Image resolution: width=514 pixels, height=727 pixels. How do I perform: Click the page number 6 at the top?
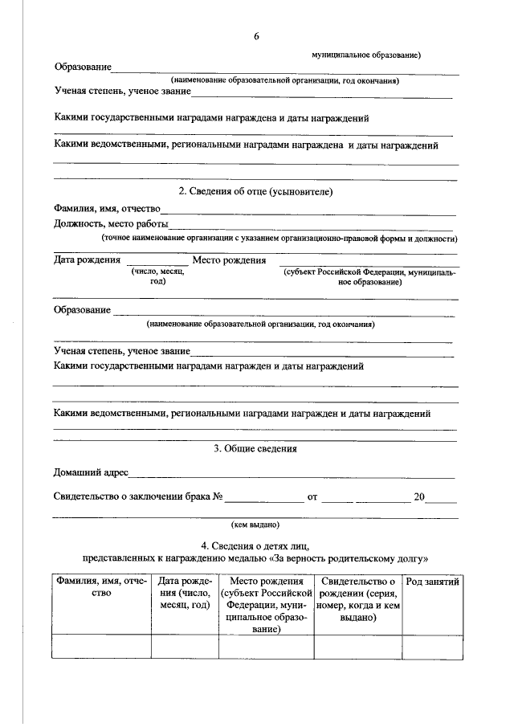[256, 36]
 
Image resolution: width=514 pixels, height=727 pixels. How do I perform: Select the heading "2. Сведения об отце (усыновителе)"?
[255, 191]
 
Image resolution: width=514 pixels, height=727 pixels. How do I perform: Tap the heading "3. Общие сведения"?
[255, 449]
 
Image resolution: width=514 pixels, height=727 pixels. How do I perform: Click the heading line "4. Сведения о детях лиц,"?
[255, 546]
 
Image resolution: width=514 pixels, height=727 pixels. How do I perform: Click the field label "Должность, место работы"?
[111, 224]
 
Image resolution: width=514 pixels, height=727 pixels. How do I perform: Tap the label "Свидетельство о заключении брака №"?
[137, 497]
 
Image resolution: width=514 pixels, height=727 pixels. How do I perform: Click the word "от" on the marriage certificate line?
[312, 497]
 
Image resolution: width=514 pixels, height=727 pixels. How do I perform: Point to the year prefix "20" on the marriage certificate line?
[419, 497]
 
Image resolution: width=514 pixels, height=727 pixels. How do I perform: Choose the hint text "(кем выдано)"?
[255, 524]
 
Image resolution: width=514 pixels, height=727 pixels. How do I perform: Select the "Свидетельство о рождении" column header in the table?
[357, 599]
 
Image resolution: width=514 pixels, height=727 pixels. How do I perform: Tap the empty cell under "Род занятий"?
[433, 646]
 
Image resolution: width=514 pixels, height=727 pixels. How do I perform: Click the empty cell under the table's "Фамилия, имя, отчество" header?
[101, 646]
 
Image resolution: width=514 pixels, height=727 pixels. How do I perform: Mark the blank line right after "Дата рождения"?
[157, 262]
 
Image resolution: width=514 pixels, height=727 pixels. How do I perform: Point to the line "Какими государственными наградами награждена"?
[211, 118]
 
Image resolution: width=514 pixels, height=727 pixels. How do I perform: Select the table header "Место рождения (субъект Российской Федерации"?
[266, 606]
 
